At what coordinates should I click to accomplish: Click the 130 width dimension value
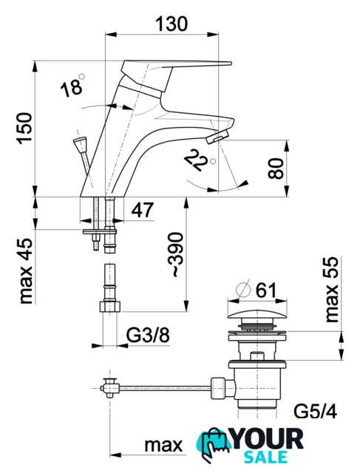click(x=171, y=24)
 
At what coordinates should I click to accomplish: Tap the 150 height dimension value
click(x=25, y=128)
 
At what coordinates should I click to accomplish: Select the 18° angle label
click(x=72, y=86)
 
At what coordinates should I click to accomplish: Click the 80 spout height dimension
click(x=276, y=169)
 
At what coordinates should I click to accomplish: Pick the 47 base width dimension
click(x=143, y=210)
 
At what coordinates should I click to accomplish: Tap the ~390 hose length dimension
click(x=176, y=254)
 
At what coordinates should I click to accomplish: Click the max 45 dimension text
click(x=26, y=271)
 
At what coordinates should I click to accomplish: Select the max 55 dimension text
click(x=332, y=290)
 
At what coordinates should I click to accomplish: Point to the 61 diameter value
click(x=266, y=290)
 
